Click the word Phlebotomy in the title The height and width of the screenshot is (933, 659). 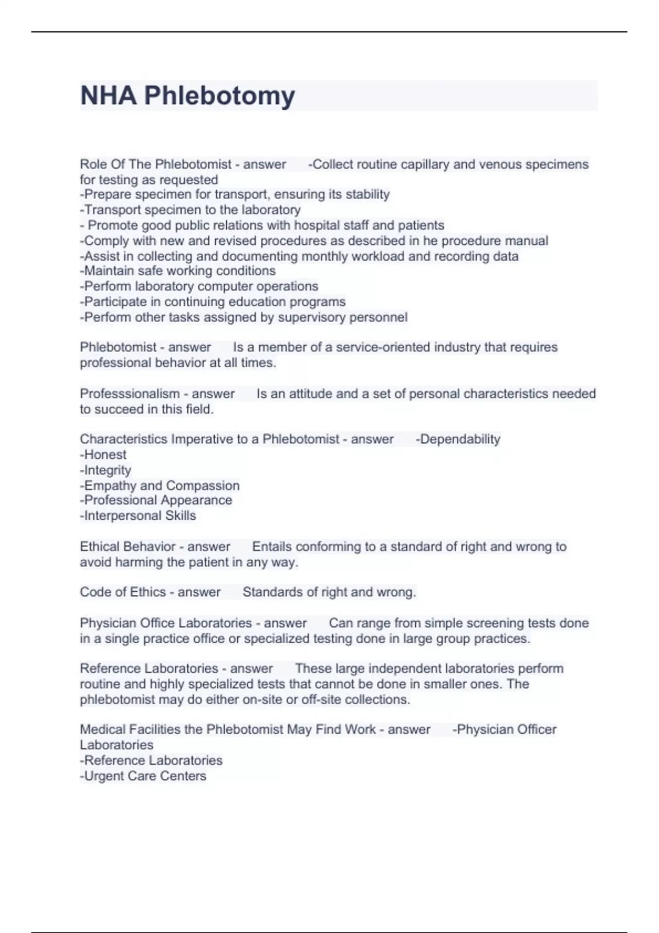(x=219, y=96)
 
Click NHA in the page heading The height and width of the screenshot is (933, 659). (x=108, y=96)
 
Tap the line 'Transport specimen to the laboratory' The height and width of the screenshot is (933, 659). (x=191, y=210)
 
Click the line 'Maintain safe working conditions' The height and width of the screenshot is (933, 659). (x=178, y=271)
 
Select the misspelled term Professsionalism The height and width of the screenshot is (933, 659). (x=130, y=394)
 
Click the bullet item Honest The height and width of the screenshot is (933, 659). (x=104, y=455)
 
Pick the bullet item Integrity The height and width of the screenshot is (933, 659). (x=107, y=470)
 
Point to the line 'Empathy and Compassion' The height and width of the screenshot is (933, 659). (x=160, y=486)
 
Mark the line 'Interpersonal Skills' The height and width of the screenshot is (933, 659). (x=138, y=516)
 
